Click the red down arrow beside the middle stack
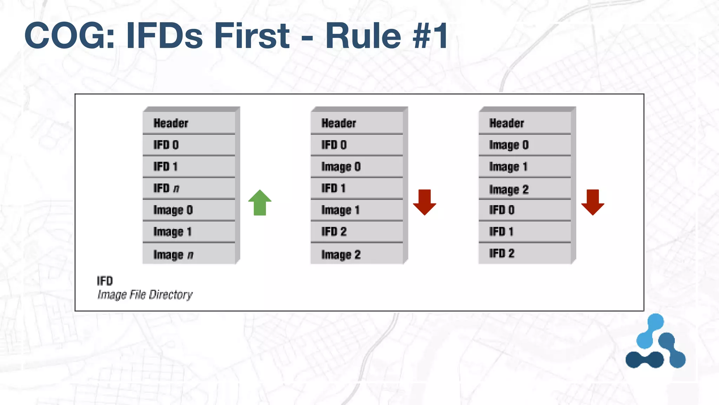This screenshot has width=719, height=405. (x=424, y=202)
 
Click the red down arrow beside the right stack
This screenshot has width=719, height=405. (x=593, y=202)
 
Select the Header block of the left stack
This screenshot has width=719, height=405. (x=189, y=123)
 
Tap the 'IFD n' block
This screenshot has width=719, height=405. (x=189, y=188)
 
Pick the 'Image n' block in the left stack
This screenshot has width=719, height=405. (x=189, y=254)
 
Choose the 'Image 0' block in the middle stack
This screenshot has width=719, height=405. (x=357, y=167)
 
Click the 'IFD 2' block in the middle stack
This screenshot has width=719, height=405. (x=357, y=232)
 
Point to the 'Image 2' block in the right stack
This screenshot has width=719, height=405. (x=525, y=189)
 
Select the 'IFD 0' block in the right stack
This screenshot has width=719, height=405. (x=525, y=210)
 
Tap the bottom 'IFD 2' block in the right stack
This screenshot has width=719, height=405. (x=525, y=253)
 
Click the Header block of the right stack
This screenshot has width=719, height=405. (x=525, y=123)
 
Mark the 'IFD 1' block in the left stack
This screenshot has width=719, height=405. (x=189, y=167)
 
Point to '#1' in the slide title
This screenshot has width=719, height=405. (x=430, y=36)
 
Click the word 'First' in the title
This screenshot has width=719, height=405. (x=252, y=36)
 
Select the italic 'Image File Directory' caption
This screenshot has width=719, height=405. (x=145, y=295)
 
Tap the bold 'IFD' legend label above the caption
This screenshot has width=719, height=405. (x=105, y=281)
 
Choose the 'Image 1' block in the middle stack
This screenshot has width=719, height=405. (x=357, y=210)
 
